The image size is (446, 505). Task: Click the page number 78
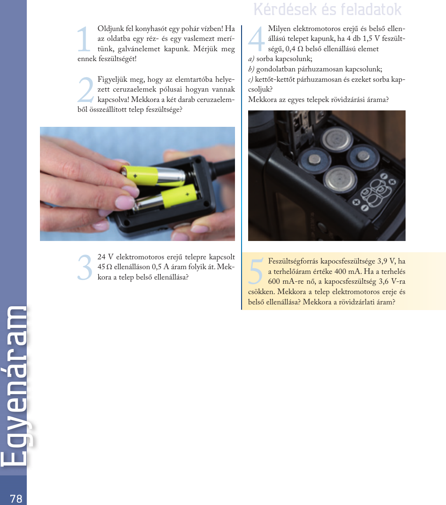pos(16,498)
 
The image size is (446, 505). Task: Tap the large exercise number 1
pos(84,39)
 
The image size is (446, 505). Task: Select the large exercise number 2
pos(86,90)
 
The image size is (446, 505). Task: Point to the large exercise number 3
pos(85,267)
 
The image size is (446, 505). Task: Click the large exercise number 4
pos(257,39)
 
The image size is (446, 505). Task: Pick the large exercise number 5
pos(256,272)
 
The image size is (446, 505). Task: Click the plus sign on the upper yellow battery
pos(135,176)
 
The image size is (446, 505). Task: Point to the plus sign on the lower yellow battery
pos(187,194)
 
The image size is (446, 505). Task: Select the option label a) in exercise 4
pos(251,59)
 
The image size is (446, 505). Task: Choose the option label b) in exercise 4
pos(251,69)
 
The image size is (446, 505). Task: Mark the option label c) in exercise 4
pos(250,79)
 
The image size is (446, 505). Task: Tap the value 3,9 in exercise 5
pos(382,261)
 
